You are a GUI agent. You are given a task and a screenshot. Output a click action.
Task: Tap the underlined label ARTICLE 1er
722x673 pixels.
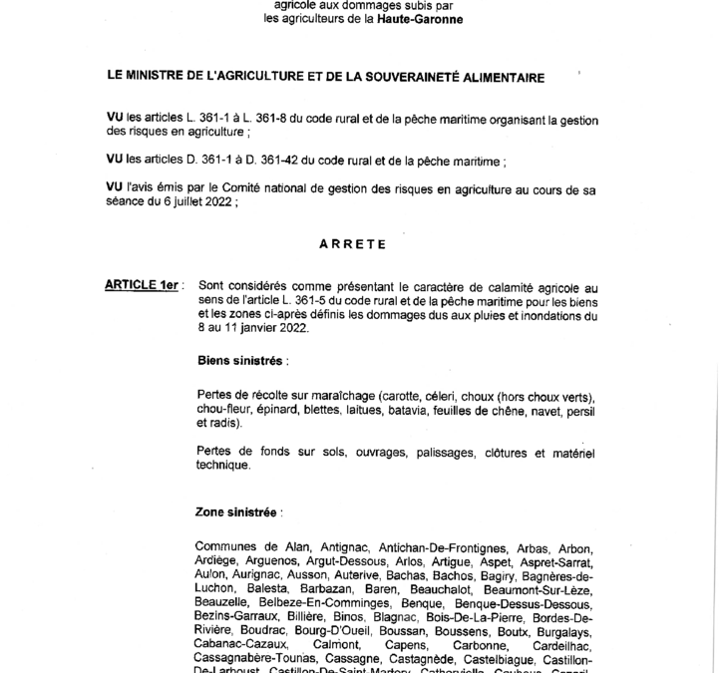pos(141,285)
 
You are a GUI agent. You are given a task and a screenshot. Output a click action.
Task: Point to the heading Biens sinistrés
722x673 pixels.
pos(238,357)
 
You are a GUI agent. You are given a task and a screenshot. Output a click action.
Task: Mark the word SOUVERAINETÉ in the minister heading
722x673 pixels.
pos(427,76)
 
